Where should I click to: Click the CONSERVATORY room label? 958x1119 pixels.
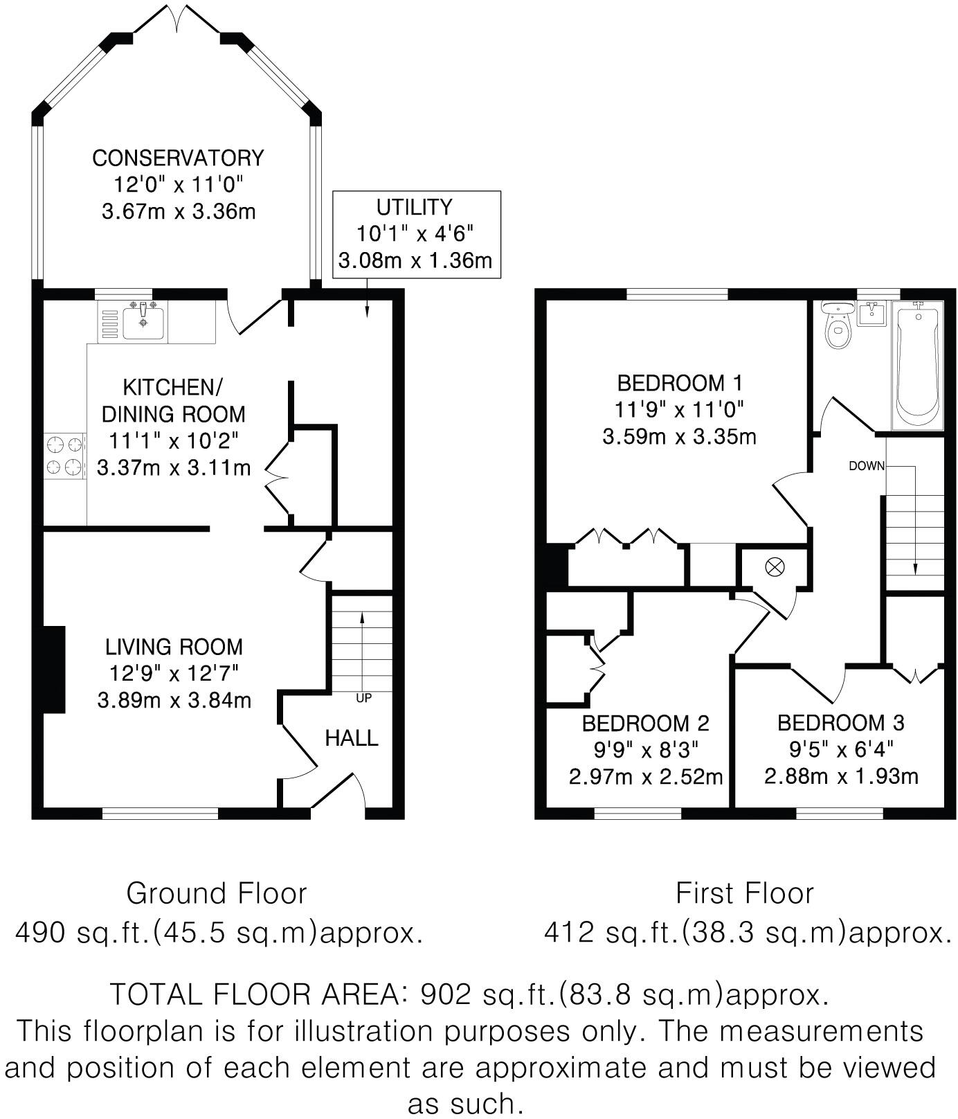[x=178, y=158]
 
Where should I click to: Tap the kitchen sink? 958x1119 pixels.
[x=143, y=322]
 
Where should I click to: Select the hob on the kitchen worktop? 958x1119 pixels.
[x=64, y=456]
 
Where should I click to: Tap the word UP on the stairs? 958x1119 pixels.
[x=363, y=698]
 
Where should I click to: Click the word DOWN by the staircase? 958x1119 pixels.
[x=867, y=466]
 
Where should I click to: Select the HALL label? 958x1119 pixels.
[x=352, y=738]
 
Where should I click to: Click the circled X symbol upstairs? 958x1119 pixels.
[x=775, y=568]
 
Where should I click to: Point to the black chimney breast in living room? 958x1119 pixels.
[x=54, y=669]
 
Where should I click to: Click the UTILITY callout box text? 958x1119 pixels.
[x=415, y=207]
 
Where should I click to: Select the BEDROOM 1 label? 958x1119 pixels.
[x=680, y=383]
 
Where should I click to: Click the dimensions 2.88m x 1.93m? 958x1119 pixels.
[x=841, y=776]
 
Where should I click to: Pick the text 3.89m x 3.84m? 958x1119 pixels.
[x=174, y=700]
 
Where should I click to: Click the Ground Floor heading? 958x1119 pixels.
[x=216, y=893]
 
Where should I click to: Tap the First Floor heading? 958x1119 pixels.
[x=744, y=893]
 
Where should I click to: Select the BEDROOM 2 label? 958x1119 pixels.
[x=645, y=724]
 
